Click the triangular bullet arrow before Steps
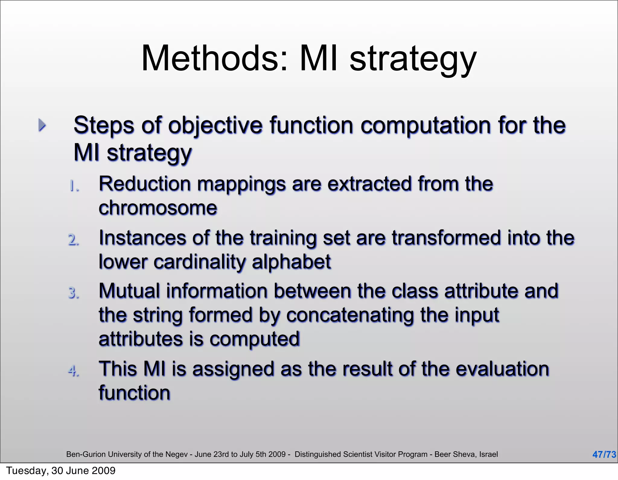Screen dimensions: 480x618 [42, 125]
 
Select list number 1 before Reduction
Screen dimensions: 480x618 [74, 186]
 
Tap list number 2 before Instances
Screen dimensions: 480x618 [74, 240]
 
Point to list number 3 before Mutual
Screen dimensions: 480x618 [74, 293]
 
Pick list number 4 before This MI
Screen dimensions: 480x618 [74, 371]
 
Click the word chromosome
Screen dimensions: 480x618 [158, 208]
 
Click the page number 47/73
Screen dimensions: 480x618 [604, 454]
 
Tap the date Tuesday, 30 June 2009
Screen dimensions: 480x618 [61, 471]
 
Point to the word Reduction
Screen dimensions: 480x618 [145, 184]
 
